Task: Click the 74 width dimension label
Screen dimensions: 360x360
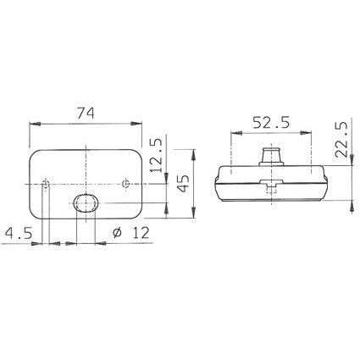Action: (86, 114)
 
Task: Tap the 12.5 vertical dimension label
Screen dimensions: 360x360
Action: (156, 155)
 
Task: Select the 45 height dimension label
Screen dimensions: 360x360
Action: (184, 183)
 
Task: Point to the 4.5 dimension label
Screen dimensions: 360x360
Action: (19, 233)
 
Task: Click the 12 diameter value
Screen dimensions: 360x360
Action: (141, 233)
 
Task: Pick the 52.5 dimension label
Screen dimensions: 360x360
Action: (271, 123)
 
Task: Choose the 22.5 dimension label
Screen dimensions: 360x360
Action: (341, 140)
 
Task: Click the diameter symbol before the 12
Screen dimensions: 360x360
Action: (117, 233)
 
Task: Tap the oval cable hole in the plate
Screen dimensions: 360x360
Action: (86, 202)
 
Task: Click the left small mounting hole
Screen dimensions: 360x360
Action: (45, 184)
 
